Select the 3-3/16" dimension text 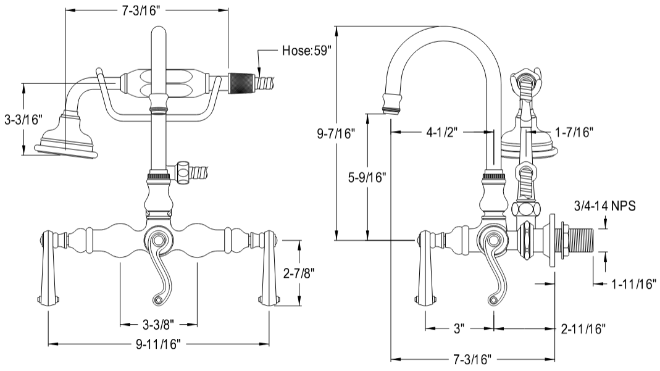22,119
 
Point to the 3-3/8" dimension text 158,323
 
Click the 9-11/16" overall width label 158,344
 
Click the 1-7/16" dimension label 572,131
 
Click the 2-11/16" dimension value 582,328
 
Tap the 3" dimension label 459,328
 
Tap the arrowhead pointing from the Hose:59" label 260,70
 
